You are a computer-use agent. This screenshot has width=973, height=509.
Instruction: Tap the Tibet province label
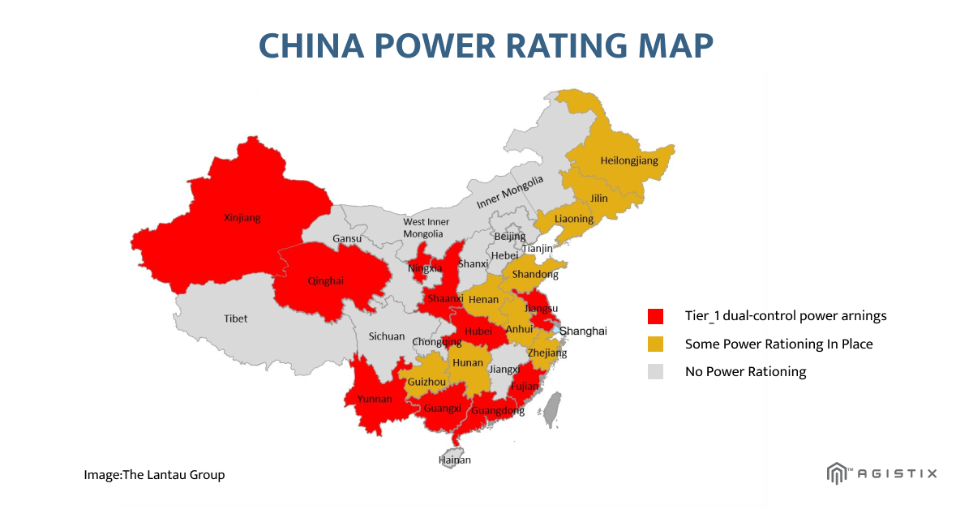pos(236,319)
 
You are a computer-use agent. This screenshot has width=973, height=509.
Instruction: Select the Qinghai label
pos(326,281)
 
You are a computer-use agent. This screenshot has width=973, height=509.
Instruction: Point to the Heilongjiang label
pos(629,160)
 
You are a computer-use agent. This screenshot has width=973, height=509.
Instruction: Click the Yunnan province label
pos(374,399)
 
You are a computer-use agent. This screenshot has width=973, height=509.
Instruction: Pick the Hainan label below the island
pos(454,460)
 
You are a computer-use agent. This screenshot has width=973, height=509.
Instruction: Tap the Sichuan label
pos(387,336)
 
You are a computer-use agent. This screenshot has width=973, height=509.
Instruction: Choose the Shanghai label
pos(583,331)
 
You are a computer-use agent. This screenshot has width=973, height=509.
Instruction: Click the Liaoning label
pos(574,219)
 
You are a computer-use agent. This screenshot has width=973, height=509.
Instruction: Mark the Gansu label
pos(347,238)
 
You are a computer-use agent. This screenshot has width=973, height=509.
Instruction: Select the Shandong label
pos(535,275)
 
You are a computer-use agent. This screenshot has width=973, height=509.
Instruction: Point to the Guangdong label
pos(498,411)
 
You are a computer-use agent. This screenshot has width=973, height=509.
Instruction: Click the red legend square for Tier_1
pos(655,316)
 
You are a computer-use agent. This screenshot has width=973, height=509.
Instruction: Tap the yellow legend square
pos(655,344)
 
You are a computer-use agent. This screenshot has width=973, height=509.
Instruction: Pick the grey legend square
pos(655,371)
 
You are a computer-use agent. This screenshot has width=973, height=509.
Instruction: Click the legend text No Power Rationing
pos(746,371)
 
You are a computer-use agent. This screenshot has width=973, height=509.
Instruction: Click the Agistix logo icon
pos(836,473)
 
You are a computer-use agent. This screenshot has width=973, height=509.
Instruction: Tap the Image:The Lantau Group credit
pos(154,475)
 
